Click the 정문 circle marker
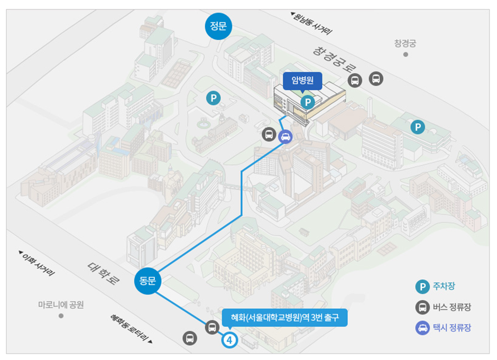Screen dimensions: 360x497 click(218, 26)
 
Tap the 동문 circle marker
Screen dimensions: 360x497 click(148, 281)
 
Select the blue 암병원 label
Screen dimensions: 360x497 click(303, 81)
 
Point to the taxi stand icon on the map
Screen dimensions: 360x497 click(285, 136)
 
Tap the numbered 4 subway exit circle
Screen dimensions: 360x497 click(229, 340)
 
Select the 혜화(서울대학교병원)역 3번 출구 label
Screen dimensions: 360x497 click(284, 318)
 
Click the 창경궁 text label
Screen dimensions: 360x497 click(405, 43)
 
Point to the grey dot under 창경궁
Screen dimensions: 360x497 click(406, 54)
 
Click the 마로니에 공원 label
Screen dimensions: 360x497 click(61, 304)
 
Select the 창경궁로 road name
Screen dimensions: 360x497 click(335, 60)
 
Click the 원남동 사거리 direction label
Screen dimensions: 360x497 click(312, 24)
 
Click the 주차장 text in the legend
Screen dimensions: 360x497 click(444, 287)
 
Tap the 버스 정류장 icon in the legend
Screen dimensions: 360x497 click(421, 307)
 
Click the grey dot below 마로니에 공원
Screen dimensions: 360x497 click(61, 316)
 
